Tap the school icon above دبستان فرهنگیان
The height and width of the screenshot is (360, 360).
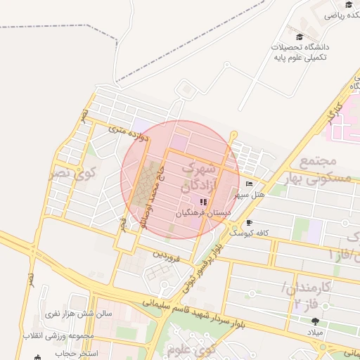[203, 202]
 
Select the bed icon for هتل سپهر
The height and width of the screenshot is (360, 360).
[249, 184]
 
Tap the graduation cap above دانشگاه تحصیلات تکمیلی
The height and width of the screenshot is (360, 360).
[300, 37]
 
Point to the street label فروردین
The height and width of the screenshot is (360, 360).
[167, 257]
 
